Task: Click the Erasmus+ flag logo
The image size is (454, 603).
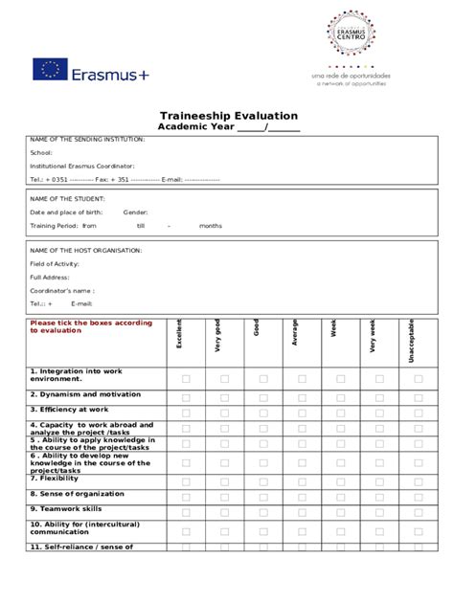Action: click(x=50, y=69)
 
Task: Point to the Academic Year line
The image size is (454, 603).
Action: click(x=229, y=128)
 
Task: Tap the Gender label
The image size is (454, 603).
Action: click(x=135, y=212)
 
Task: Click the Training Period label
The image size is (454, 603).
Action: click(x=53, y=226)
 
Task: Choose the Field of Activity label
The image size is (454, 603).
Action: click(x=56, y=263)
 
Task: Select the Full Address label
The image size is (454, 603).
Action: click(x=49, y=277)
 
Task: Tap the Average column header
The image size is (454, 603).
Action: click(x=295, y=336)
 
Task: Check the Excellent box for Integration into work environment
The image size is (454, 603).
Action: click(x=186, y=379)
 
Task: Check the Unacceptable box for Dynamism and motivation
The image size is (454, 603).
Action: click(x=419, y=393)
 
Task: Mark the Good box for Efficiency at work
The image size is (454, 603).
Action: click(x=262, y=409)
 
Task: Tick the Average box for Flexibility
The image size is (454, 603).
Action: click(x=302, y=479)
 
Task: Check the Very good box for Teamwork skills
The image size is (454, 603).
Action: click(x=224, y=508)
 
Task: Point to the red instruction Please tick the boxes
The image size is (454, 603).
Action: click(x=91, y=326)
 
